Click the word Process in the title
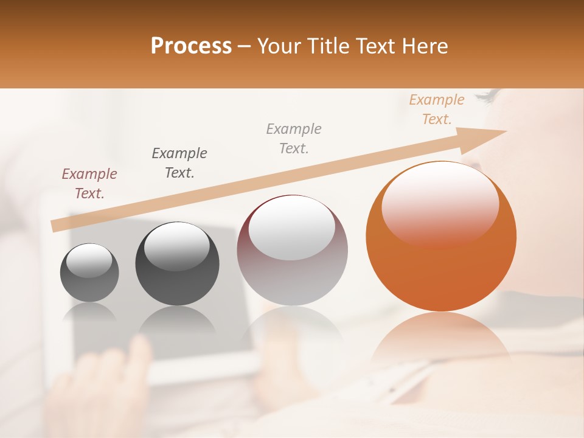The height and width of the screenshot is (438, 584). coord(191,46)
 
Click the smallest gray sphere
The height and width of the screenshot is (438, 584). coord(89,273)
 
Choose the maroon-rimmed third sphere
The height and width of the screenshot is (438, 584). coord(292,251)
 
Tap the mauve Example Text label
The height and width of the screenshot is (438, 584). coord(89,184)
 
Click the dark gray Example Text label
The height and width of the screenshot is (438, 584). coord(179,162)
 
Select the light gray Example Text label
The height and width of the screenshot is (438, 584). coord(294,138)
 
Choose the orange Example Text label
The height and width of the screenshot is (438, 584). coord(437,109)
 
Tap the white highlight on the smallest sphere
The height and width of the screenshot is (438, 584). coord(89,260)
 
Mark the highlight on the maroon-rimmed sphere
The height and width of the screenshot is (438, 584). coord(292,228)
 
